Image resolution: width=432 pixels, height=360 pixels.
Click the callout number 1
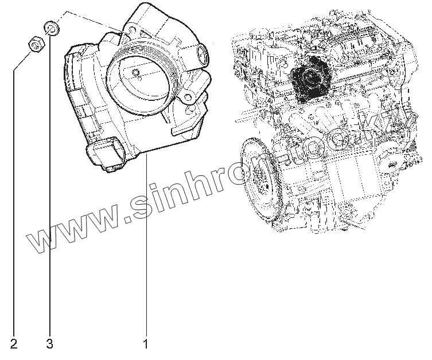coord(146,344)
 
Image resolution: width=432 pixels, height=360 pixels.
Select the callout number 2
coord(14,344)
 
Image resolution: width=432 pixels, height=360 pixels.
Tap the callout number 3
coord(49,344)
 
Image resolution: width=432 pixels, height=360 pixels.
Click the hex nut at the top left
coord(36,44)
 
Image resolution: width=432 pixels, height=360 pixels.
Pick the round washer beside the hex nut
coord(52,28)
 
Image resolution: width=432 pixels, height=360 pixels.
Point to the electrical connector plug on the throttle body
coord(106,152)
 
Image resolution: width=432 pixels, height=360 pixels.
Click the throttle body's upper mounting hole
coord(132,29)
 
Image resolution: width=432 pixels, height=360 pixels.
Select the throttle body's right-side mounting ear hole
coord(188,97)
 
